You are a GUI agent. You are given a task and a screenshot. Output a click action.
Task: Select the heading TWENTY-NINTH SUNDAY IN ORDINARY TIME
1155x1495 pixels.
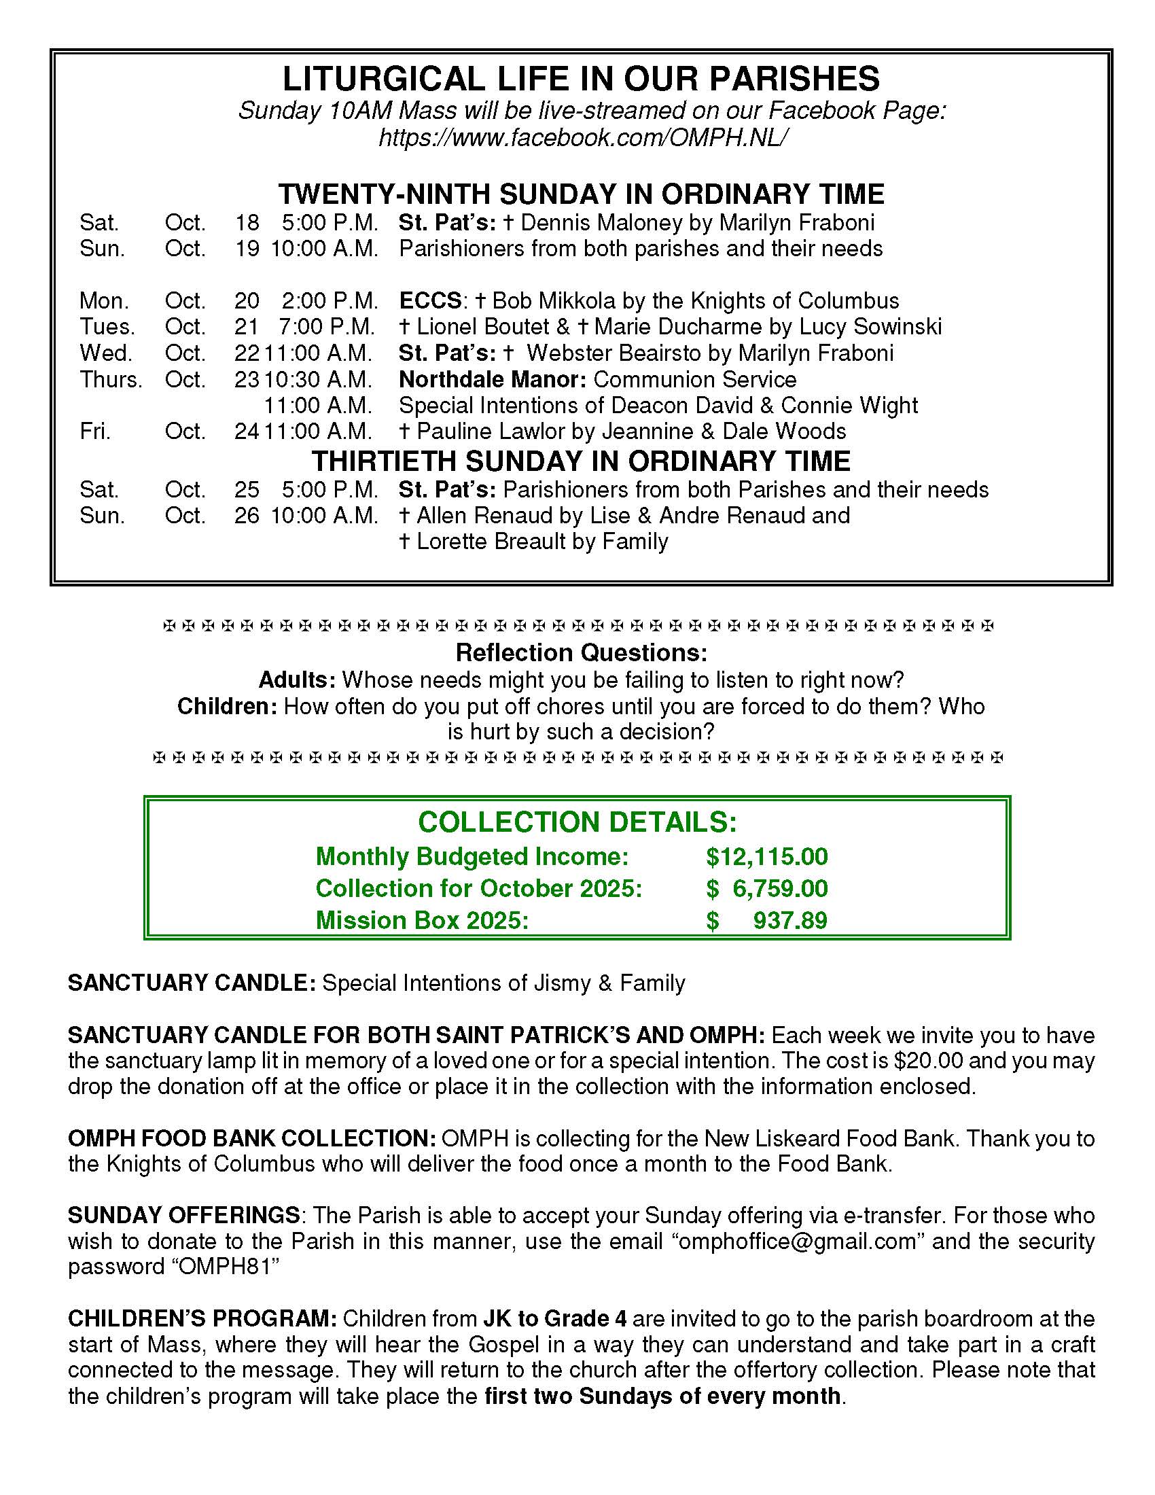pos(580,194)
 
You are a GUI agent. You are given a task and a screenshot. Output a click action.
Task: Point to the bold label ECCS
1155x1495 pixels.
pos(430,301)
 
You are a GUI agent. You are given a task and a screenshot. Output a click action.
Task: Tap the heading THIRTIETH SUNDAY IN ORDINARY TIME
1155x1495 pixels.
pos(580,461)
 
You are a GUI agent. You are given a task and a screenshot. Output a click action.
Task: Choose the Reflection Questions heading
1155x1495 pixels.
pos(580,653)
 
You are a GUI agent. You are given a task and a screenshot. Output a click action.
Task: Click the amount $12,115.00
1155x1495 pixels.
pos(766,857)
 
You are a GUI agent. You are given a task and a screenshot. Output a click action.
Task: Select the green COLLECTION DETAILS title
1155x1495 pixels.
pos(577,822)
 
